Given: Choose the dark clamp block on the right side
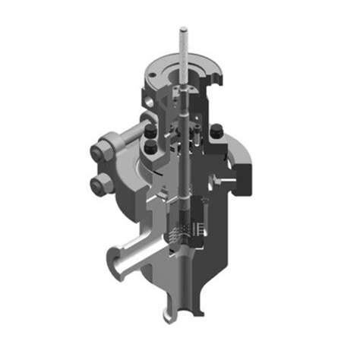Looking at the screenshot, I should coord(245,175).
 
